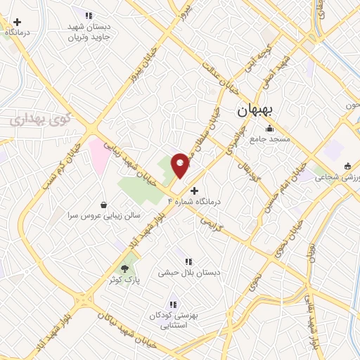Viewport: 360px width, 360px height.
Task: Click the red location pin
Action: [x=181, y=165]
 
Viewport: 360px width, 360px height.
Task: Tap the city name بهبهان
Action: [x=258, y=110]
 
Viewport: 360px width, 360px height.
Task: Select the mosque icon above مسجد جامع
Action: [x=269, y=128]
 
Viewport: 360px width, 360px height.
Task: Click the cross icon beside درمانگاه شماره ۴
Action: [x=195, y=190]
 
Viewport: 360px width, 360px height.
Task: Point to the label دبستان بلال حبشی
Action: [x=188, y=271]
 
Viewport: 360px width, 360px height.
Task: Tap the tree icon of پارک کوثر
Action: [x=125, y=268]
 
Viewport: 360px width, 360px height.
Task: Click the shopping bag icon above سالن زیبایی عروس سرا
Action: [x=104, y=205]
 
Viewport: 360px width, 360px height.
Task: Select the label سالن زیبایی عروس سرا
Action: [x=104, y=215]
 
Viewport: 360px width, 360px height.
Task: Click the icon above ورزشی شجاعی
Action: [x=347, y=167]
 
